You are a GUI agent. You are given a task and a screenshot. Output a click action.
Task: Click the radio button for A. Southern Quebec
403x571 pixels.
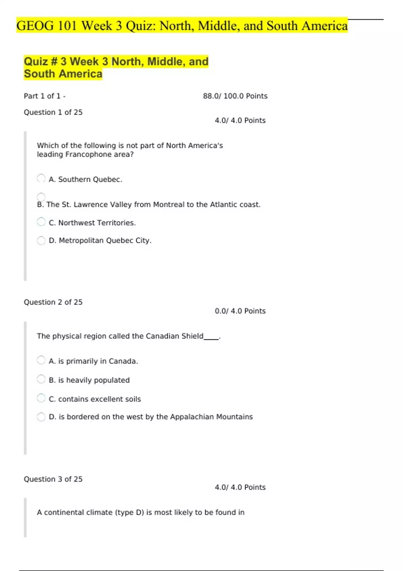point(41,178)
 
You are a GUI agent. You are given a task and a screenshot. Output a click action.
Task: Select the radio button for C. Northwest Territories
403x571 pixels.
point(41,222)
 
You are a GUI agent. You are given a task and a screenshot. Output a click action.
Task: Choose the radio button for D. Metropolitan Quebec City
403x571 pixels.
point(41,240)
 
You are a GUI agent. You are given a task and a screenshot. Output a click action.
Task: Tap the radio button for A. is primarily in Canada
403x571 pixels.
point(41,360)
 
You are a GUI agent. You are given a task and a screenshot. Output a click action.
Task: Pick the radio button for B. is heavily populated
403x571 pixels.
point(41,379)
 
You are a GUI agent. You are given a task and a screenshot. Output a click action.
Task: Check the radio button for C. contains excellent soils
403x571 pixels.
point(41,398)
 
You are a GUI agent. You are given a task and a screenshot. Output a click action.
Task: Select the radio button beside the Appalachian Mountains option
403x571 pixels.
point(41,417)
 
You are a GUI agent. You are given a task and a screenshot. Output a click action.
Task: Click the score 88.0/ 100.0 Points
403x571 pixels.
point(235,96)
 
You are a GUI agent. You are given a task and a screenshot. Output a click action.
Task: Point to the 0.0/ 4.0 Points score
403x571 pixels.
point(240,311)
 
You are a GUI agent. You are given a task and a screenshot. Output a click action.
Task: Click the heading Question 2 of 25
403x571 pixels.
point(53,302)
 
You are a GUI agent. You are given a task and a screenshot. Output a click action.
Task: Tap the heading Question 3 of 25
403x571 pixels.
point(53,479)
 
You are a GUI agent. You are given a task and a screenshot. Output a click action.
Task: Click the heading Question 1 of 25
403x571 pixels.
point(53,112)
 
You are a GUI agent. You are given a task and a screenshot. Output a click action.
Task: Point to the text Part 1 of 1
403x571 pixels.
point(42,96)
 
